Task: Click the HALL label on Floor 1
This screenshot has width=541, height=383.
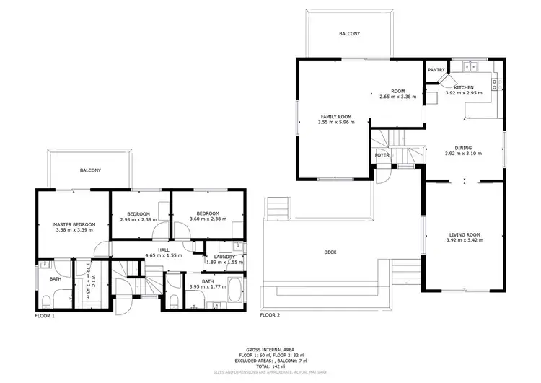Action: (164, 249)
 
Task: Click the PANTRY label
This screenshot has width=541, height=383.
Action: (436, 70)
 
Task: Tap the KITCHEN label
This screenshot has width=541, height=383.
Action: (463, 87)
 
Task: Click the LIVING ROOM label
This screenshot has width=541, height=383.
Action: (463, 235)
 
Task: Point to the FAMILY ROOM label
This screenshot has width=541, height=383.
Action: (335, 117)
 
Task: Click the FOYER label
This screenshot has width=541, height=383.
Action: (382, 155)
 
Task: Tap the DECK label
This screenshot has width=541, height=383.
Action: (330, 252)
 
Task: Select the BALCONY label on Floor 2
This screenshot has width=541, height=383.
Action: (350, 34)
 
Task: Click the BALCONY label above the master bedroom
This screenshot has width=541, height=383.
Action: (90, 170)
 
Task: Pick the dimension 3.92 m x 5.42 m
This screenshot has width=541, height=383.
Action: (463, 242)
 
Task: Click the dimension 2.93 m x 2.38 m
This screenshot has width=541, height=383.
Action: (138, 220)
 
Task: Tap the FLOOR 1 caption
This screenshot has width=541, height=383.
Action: (45, 316)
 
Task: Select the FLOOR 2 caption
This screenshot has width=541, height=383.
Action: (270, 316)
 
